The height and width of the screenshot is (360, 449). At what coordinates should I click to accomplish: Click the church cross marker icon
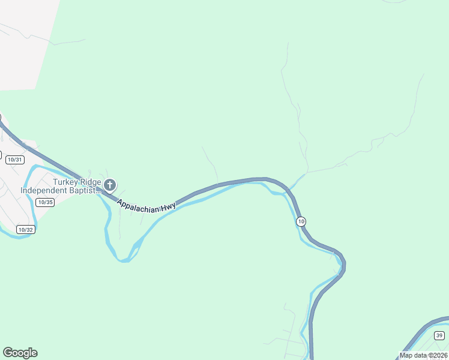[x=109, y=184]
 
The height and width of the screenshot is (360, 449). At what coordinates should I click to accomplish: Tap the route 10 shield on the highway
[x=301, y=222]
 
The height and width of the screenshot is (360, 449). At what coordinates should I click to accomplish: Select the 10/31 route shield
[x=15, y=160]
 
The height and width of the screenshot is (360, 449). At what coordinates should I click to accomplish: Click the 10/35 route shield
[x=45, y=202]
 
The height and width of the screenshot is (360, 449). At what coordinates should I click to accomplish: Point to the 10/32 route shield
[x=25, y=229]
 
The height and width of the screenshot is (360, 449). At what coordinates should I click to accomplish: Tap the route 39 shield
[x=439, y=335]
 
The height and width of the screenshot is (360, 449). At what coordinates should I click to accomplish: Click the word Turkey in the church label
[x=66, y=182]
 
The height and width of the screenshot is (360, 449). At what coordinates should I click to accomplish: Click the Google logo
[x=20, y=353]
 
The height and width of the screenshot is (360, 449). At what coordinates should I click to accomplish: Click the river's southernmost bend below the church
[x=124, y=260]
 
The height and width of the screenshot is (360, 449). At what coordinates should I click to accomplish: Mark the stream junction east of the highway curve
[x=307, y=173]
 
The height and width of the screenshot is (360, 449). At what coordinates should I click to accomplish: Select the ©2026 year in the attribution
[x=437, y=355]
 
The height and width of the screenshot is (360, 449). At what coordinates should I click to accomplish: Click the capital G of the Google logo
[x=8, y=353]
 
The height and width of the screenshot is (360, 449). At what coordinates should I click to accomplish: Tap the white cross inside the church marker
[x=109, y=184]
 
